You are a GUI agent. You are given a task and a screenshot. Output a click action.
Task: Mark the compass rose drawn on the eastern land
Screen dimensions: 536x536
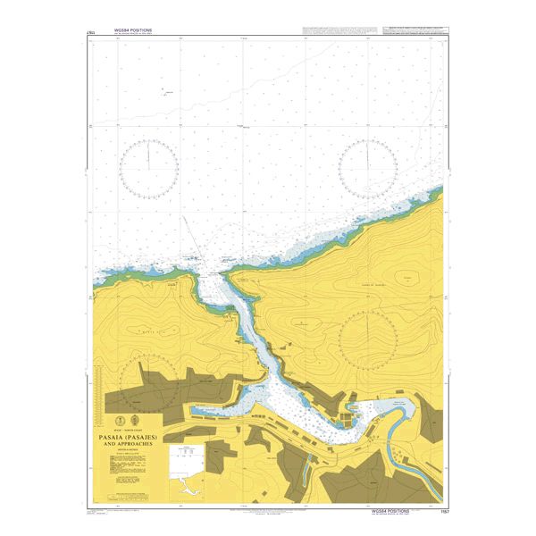tap(368, 342)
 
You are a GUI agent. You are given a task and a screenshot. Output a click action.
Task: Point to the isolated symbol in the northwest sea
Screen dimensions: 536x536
tap(166, 90)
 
